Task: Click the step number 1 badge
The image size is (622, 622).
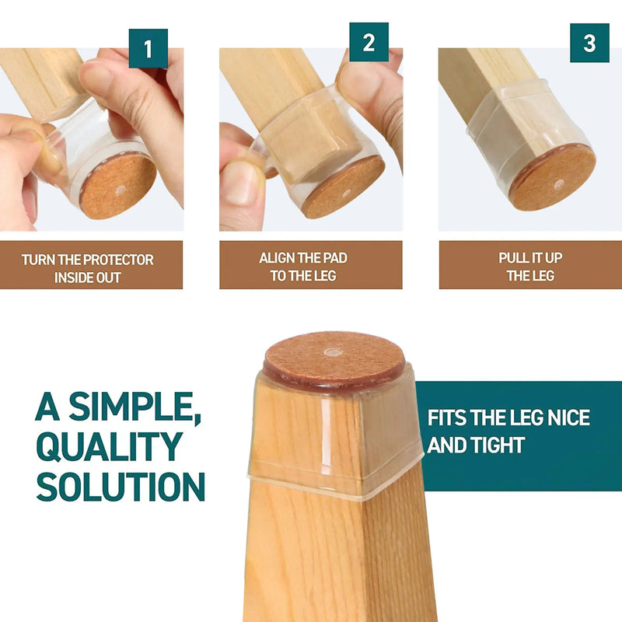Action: (x=148, y=48)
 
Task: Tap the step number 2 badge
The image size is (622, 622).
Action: (x=369, y=43)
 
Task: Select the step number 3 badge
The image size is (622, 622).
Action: (x=589, y=43)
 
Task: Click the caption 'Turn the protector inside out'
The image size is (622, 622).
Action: (x=88, y=268)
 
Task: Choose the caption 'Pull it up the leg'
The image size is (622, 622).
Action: (x=530, y=267)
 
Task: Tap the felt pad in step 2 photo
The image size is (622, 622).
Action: (x=343, y=187)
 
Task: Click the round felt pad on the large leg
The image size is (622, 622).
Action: (x=334, y=358)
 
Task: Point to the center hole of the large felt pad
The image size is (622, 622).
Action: (x=333, y=352)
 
